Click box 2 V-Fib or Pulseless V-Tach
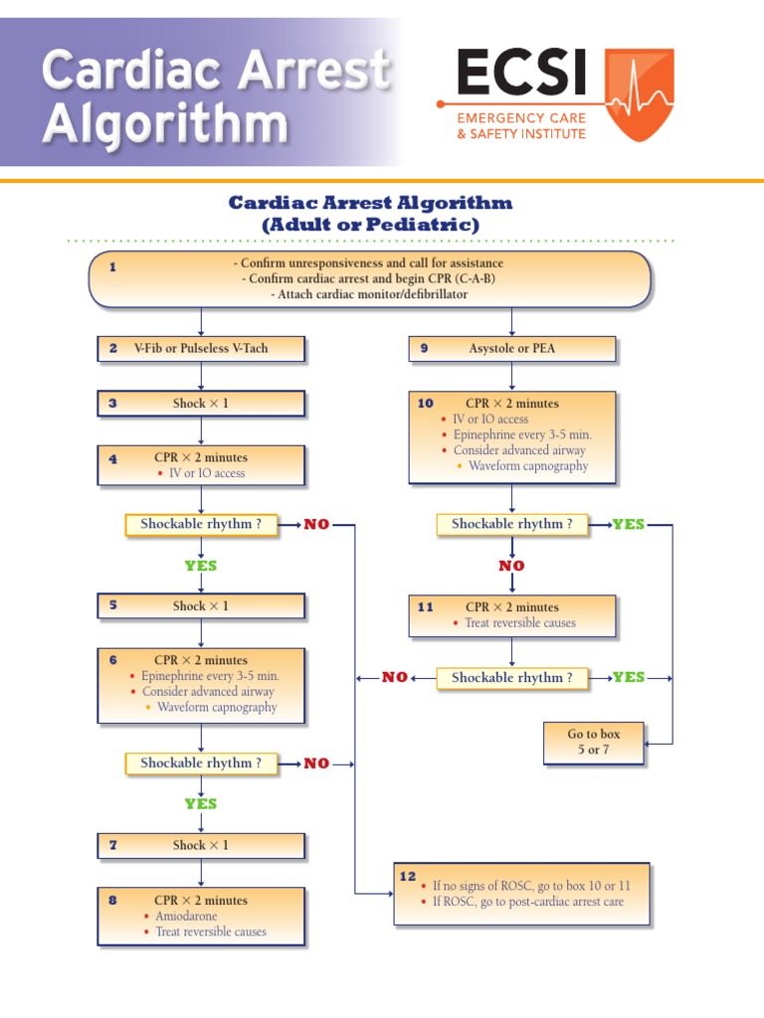click(x=201, y=349)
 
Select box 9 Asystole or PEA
click(x=512, y=349)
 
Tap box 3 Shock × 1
click(x=201, y=404)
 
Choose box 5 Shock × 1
click(x=201, y=605)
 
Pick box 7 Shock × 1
click(x=201, y=845)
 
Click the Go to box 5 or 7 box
click(x=594, y=743)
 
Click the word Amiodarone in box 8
click(x=186, y=916)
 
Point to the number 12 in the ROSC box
click(x=408, y=876)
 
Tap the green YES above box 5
click(x=200, y=566)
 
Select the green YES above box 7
click(x=200, y=803)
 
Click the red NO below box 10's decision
click(x=511, y=566)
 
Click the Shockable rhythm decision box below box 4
click(x=201, y=524)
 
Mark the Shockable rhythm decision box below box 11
click(x=512, y=677)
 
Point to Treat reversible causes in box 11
click(x=520, y=623)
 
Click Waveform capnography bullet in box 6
click(x=217, y=708)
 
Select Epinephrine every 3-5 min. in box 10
click(x=522, y=434)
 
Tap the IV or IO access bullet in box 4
click(x=207, y=473)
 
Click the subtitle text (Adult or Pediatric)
click(x=370, y=226)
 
